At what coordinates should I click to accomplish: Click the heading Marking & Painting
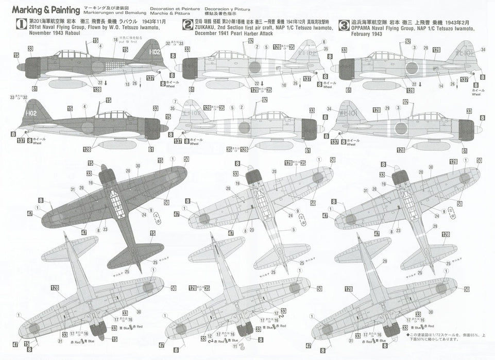click(45, 10)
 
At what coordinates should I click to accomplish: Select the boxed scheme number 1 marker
click(21, 24)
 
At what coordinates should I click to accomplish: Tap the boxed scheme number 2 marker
click(187, 24)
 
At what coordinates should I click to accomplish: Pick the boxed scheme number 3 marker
click(345, 24)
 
